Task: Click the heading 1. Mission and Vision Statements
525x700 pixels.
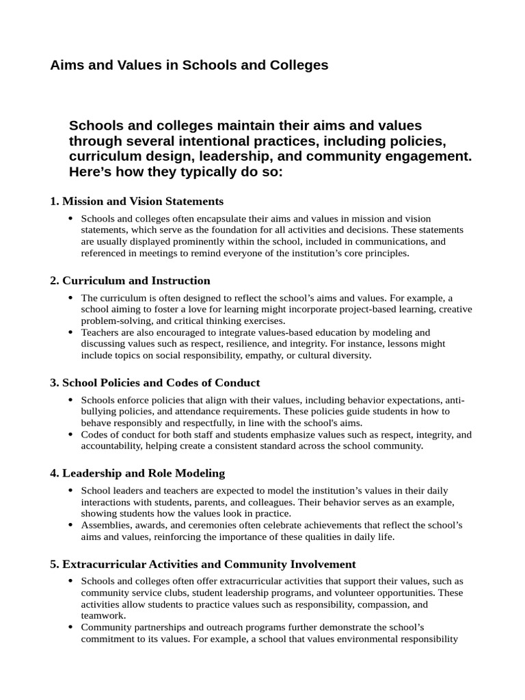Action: coord(137,201)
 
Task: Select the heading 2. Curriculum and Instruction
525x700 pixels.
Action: coord(130,280)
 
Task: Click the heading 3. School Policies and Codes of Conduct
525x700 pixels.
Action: coord(154,383)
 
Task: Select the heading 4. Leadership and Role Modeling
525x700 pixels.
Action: coord(137,473)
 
